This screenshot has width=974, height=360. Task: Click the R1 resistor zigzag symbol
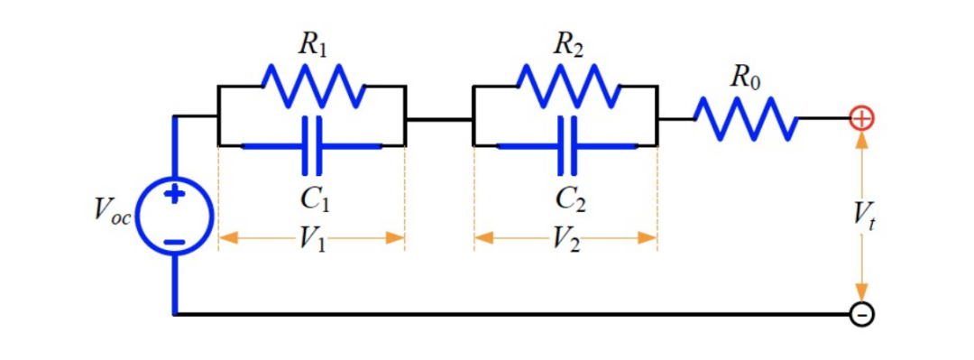312,87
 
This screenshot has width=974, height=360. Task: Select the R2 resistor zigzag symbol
567,87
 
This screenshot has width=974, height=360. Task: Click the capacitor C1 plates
312,144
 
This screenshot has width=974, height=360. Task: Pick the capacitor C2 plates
567,144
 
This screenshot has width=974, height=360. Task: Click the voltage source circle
174,217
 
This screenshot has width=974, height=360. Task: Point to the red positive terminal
862,117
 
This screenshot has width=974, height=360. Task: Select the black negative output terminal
862,314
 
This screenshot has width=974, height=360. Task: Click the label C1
312,197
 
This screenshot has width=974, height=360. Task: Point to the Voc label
112,211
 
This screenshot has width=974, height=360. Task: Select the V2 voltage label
567,239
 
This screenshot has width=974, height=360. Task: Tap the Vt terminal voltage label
864,216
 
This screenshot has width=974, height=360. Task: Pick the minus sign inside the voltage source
174,241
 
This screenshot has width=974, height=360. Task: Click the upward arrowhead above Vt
862,139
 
